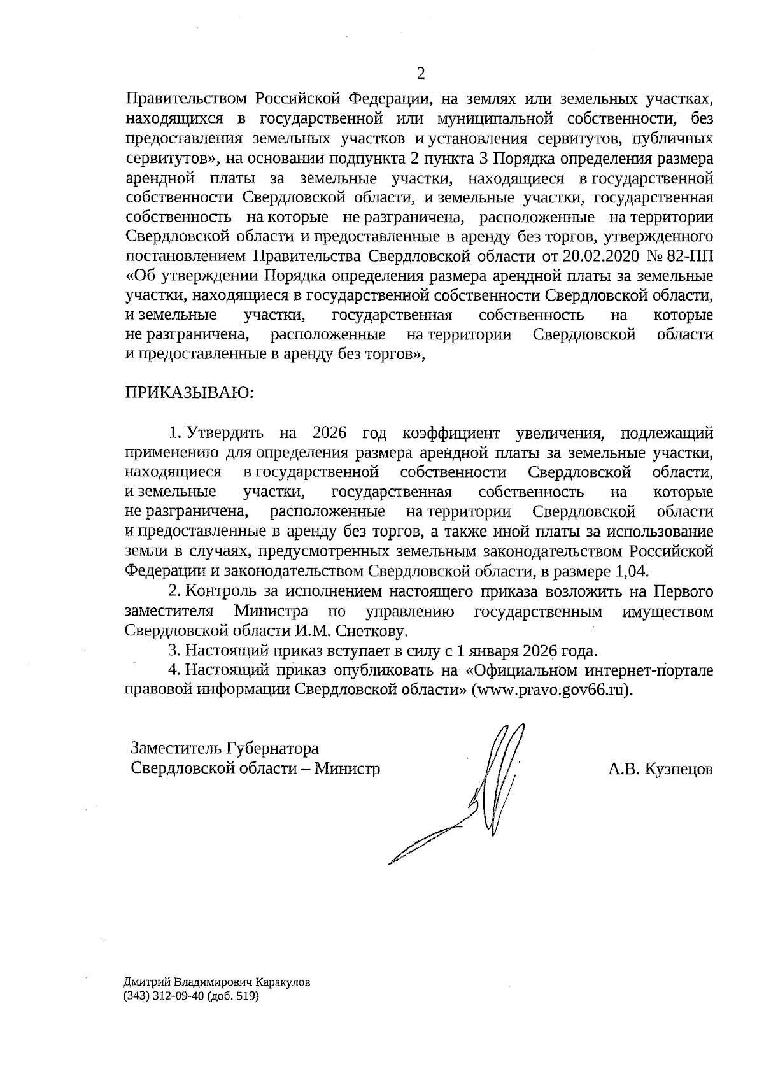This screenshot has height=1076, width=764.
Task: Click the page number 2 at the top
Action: [x=420, y=74]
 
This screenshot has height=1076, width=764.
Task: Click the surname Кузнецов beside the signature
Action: [x=678, y=768]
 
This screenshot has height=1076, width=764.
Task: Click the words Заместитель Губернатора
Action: [x=224, y=747]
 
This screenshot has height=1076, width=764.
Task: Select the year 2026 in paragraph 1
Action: [x=329, y=433]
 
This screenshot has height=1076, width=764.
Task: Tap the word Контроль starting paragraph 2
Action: [x=223, y=591]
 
